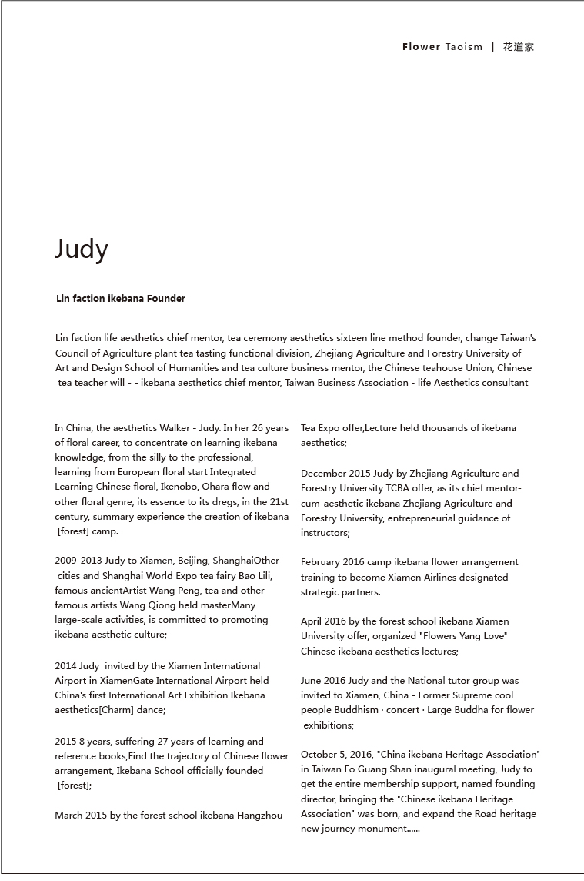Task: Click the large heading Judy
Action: point(82,250)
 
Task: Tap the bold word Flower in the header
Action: point(421,47)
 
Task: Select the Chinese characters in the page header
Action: point(519,47)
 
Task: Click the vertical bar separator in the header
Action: point(493,47)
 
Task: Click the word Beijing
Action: point(192,561)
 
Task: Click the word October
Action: point(321,755)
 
